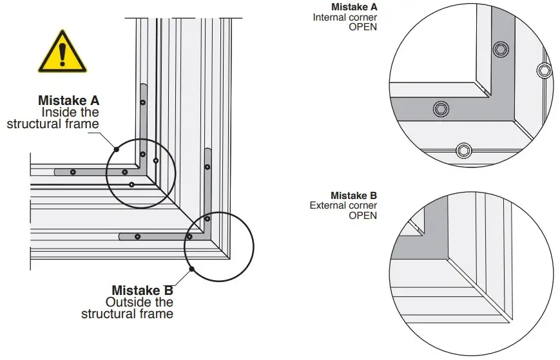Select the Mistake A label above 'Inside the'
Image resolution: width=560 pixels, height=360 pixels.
click(68, 100)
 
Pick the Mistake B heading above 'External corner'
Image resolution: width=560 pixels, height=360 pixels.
click(354, 195)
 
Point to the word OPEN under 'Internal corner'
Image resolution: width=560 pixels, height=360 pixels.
click(363, 27)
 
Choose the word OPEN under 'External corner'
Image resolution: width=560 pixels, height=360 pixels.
click(363, 216)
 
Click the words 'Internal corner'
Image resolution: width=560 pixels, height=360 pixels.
click(345, 17)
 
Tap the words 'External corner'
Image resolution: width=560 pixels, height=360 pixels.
click(343, 205)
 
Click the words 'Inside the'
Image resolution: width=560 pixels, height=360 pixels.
click(70, 111)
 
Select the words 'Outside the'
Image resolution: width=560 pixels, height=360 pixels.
click(139, 301)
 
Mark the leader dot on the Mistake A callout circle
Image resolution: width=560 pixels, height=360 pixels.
click(117, 149)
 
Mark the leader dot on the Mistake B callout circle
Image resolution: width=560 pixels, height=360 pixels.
click(191, 269)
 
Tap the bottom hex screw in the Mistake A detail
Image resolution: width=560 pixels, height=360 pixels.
click(463, 151)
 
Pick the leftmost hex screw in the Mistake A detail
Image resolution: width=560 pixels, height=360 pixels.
click(441, 109)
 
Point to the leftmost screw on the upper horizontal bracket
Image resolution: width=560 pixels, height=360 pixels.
click(73, 172)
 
